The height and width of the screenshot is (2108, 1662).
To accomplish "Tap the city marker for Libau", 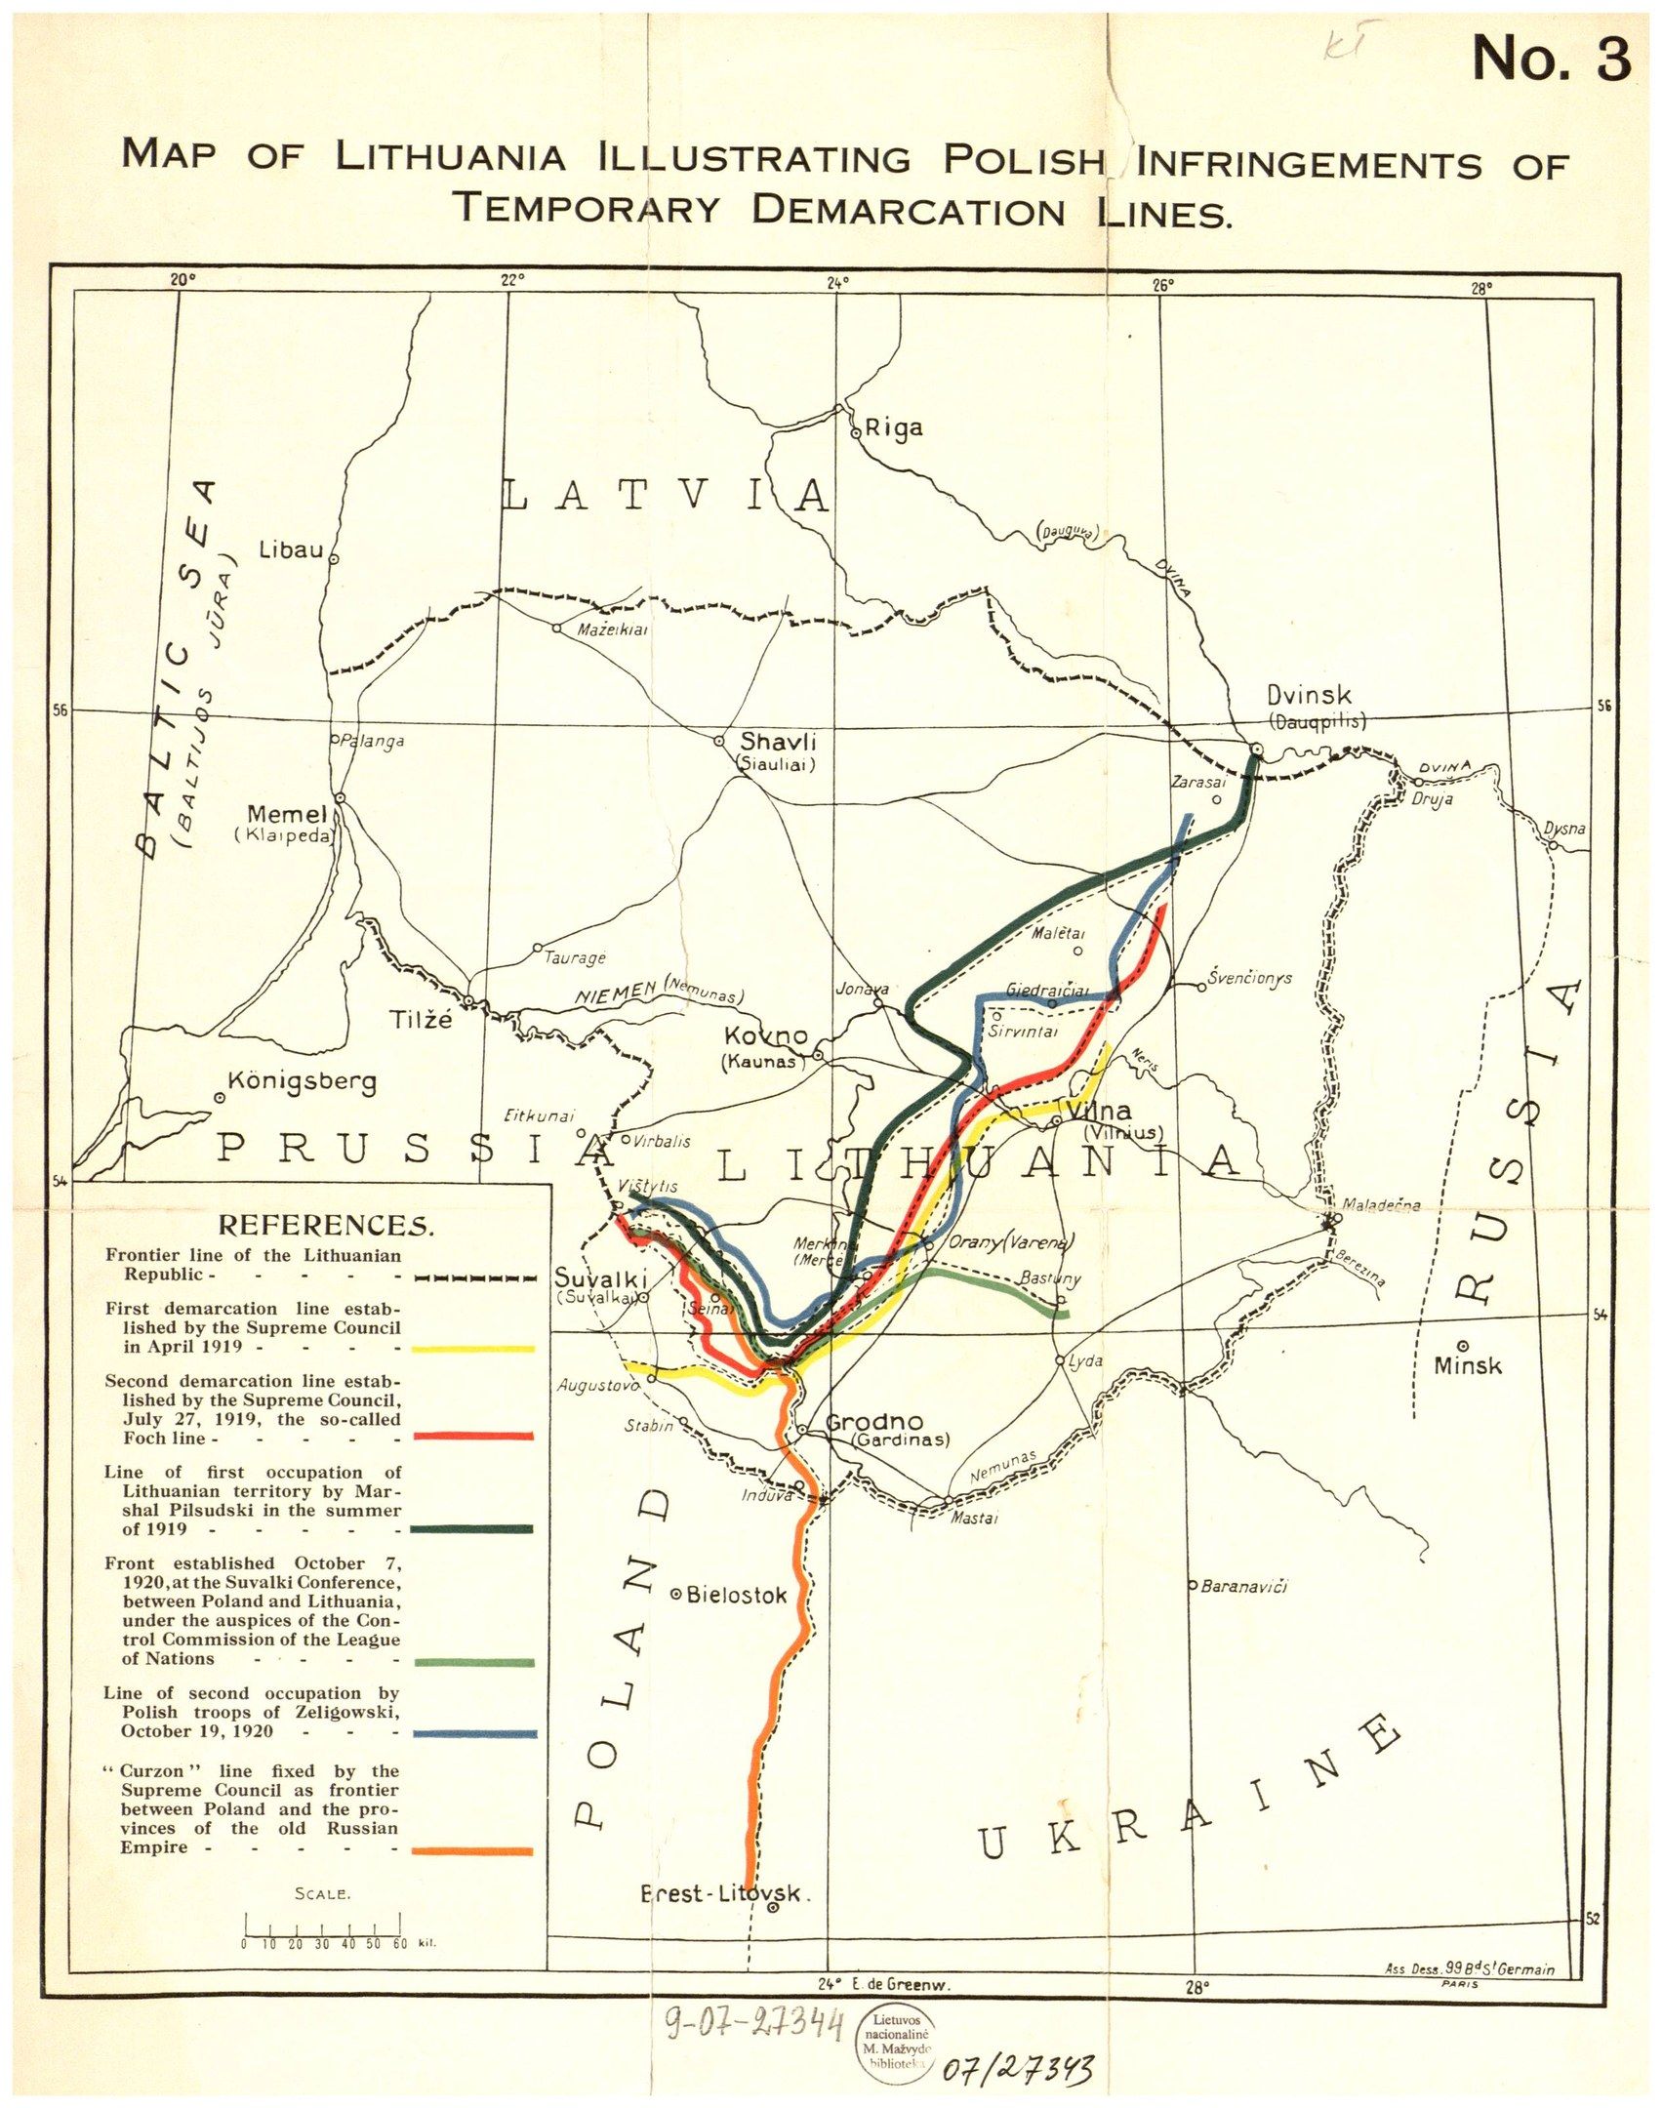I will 333,560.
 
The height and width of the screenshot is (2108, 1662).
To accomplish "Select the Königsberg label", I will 301,1081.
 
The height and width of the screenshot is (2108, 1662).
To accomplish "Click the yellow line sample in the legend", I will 473,1349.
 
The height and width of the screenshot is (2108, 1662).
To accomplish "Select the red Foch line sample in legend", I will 473,1437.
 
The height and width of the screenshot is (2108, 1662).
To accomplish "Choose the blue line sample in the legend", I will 473,1733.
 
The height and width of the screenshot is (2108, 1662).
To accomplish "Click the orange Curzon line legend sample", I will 473,1850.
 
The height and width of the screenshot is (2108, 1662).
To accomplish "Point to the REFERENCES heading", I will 326,1225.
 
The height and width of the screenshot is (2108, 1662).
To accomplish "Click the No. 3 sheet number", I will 1551,61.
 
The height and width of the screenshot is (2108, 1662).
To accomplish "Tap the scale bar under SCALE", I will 322,1933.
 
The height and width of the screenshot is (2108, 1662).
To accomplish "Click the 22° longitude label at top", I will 512,279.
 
